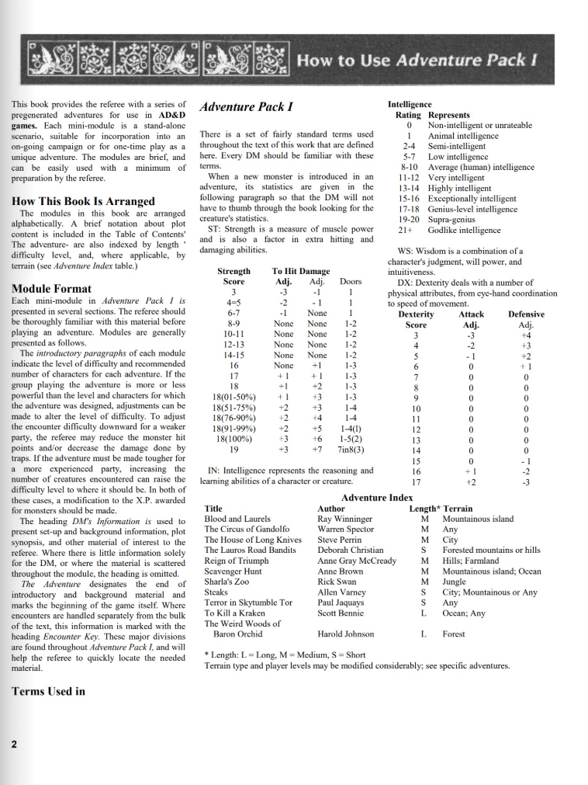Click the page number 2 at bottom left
pos(15,744)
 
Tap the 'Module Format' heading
pos(52,289)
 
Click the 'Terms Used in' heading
pos(49,690)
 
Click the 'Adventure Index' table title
pos(377,497)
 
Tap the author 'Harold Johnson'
pos(348,634)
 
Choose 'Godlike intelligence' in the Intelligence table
pos(465,230)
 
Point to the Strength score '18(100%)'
pos(233,438)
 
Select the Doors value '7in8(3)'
pos(351,449)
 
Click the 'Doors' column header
pos(351,281)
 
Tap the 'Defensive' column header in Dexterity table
pos(526,314)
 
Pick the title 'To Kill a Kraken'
pos(235,613)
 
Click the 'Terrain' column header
pos(458,508)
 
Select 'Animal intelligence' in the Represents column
pos(463,136)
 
